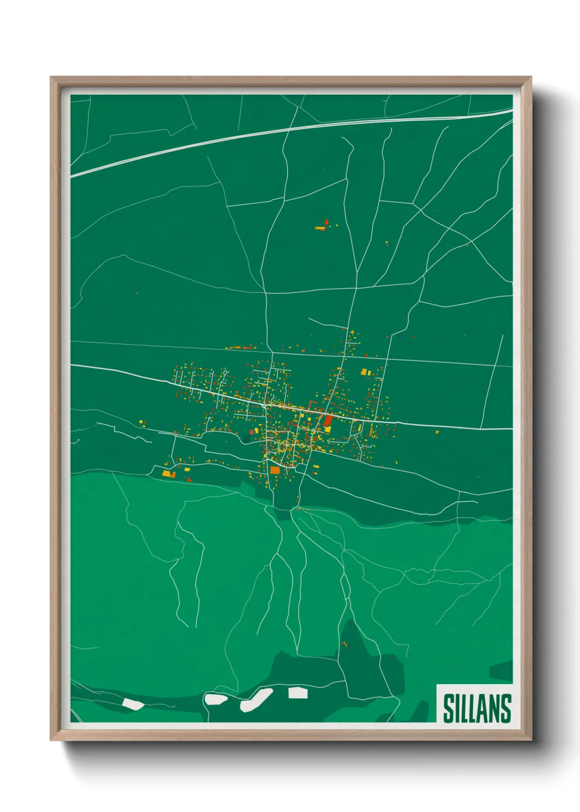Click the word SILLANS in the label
click(x=476, y=708)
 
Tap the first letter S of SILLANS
click(x=449, y=708)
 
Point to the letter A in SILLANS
click(x=485, y=708)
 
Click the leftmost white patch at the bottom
click(x=132, y=703)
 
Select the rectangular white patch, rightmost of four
click(x=298, y=692)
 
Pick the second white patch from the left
click(x=215, y=699)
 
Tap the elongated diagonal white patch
click(x=257, y=700)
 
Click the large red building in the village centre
click(x=328, y=420)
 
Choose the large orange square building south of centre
click(x=275, y=470)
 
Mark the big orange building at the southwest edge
click(x=167, y=473)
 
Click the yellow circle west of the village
click(x=141, y=421)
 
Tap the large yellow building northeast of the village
click(x=364, y=372)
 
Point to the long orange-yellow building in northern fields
click(x=320, y=228)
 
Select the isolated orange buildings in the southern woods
click(x=344, y=643)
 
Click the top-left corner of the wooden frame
click(x=53, y=79)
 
